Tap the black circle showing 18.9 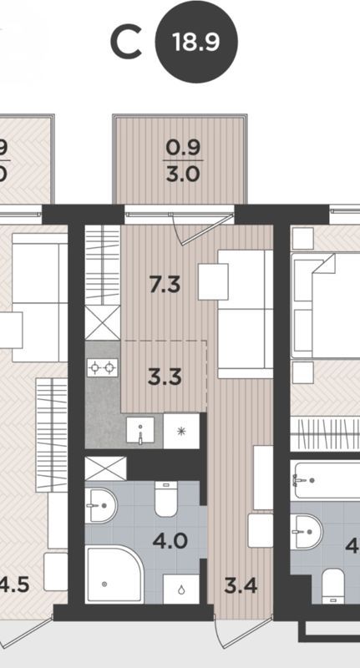(195, 43)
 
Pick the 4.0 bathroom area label (170, 539)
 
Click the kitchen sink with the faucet (140, 431)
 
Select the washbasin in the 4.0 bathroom (101, 504)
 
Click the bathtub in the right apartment (326, 480)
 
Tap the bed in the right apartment (326, 305)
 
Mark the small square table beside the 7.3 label (213, 281)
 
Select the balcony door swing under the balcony (195, 225)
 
